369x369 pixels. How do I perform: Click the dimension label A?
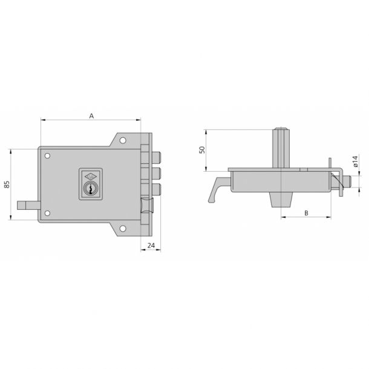click(x=91, y=115)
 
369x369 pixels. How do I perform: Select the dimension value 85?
click(x=7, y=184)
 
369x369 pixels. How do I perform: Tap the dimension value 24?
click(x=151, y=245)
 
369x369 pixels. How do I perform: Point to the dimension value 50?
click(x=202, y=149)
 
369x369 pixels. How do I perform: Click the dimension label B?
click(x=306, y=212)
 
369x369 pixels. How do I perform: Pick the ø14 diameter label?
click(x=356, y=163)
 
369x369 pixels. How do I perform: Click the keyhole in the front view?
click(x=90, y=189)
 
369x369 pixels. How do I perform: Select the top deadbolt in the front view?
click(x=157, y=158)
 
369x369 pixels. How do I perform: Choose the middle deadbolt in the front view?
click(x=157, y=174)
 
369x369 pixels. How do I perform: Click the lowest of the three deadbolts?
click(x=157, y=189)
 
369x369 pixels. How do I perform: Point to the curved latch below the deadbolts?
click(x=147, y=207)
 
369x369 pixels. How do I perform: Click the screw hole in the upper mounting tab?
click(x=123, y=141)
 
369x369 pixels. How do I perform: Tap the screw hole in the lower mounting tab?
click(x=123, y=229)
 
